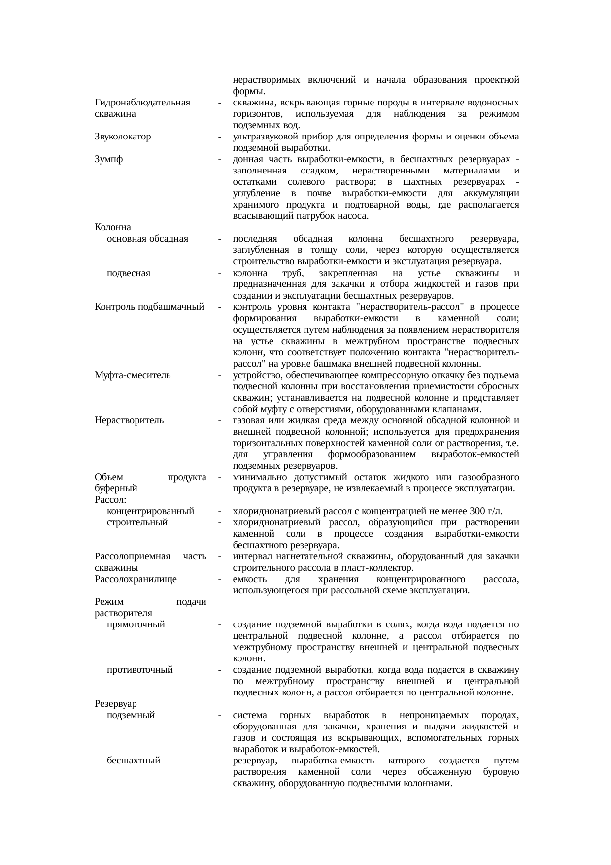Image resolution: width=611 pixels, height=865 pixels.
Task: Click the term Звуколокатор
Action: click(x=123, y=137)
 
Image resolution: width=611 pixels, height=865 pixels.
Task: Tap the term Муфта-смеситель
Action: click(x=133, y=375)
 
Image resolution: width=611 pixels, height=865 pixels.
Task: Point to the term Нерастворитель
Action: click(x=129, y=421)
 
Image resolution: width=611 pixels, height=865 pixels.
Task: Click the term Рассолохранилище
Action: click(x=136, y=579)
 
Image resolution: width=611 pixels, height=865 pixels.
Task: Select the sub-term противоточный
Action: click(x=140, y=670)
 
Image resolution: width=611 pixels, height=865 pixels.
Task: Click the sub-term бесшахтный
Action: click(x=134, y=761)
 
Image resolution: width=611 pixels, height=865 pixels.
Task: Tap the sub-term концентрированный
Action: click(x=151, y=511)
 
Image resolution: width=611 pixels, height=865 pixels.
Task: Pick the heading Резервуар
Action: click(x=116, y=704)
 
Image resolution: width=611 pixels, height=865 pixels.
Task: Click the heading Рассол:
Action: click(x=110, y=500)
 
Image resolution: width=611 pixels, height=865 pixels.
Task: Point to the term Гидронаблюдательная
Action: click(x=142, y=103)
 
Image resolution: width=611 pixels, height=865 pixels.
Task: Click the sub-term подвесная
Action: click(x=129, y=273)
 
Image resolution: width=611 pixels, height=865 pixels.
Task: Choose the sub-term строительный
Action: click(x=137, y=522)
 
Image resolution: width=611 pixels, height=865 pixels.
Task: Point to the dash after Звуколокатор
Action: click(x=219, y=137)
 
